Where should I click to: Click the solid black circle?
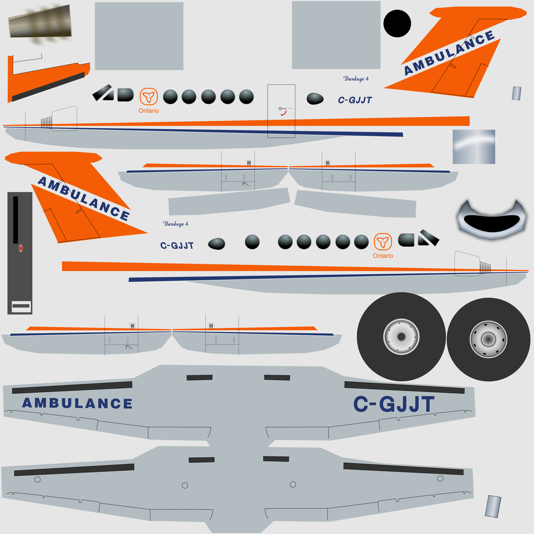(397, 23)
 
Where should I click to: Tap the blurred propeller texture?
(40, 22)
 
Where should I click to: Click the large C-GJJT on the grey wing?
(394, 404)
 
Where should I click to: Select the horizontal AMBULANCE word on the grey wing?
(77, 403)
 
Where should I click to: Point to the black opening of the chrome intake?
(492, 223)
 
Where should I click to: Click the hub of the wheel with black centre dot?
(402, 336)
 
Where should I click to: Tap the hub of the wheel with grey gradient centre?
(488, 339)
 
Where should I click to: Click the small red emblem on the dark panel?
(20, 248)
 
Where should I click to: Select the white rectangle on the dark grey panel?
(21, 307)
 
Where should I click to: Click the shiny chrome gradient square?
(474, 147)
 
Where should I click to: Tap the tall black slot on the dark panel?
(15, 220)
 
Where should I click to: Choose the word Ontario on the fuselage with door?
(149, 111)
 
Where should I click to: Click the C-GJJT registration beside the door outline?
(355, 100)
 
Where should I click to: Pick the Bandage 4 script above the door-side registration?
(356, 79)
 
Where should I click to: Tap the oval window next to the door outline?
(315, 99)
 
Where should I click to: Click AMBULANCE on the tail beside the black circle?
(450, 53)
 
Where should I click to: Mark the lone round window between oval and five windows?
(252, 242)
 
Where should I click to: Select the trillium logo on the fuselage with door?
(149, 96)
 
